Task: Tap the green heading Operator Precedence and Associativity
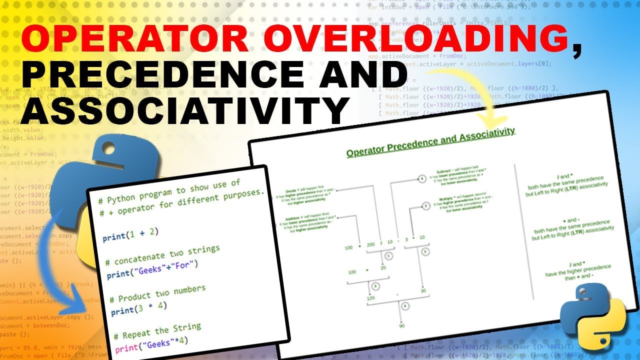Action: [x=430, y=143]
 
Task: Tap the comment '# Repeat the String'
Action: [x=157, y=331]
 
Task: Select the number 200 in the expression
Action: [x=370, y=245]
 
